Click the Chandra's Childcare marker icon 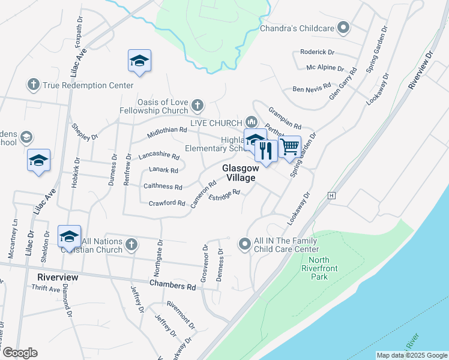point(344,28)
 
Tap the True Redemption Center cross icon point(34,85)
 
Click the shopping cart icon point(290,146)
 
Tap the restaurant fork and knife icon point(265,151)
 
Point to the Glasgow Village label point(240,173)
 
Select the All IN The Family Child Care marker point(244,244)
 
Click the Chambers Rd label point(173,286)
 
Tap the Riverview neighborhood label point(58,278)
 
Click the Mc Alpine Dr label point(325,69)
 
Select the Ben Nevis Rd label point(312,89)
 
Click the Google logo point(19,353)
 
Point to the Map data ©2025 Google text point(411,355)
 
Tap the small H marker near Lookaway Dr point(331,196)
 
